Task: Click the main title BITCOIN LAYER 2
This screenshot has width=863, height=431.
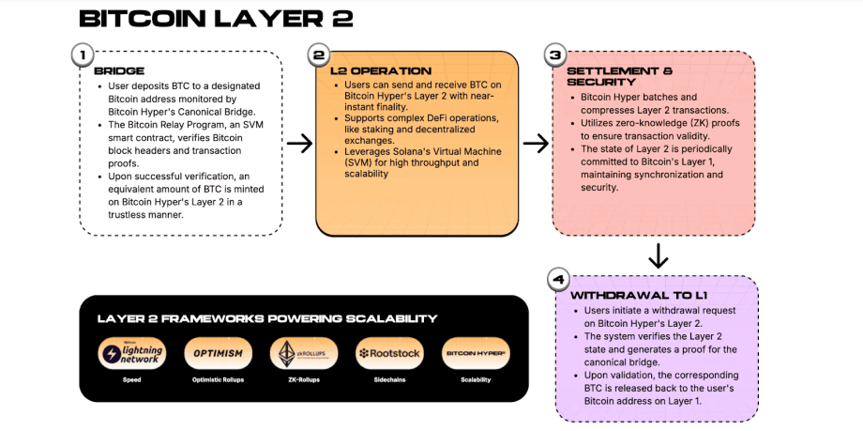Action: [216, 20]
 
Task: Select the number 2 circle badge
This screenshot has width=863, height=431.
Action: [318, 55]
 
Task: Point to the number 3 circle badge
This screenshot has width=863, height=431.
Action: [554, 55]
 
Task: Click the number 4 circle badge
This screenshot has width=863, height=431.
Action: [558, 279]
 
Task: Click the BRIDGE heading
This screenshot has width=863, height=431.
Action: [118, 71]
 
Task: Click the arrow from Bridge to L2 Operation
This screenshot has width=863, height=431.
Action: [299, 143]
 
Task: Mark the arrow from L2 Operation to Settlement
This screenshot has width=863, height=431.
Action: [536, 143]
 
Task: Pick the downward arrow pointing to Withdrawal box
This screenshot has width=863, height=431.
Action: [659, 255]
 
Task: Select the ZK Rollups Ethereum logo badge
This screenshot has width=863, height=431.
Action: [302, 354]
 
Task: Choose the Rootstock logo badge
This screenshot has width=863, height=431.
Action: [388, 354]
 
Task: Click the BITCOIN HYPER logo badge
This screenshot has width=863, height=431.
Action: [475, 354]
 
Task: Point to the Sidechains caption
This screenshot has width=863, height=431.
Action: [388, 380]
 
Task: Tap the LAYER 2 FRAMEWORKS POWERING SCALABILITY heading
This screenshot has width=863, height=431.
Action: [266, 318]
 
